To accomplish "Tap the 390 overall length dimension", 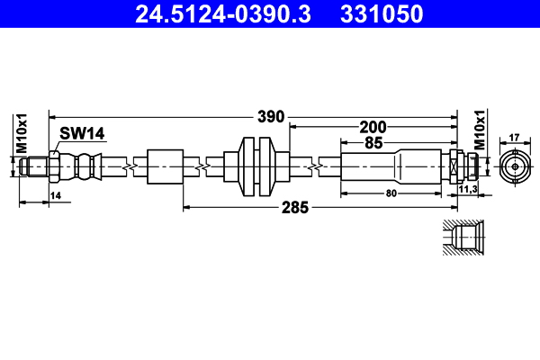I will [271, 116].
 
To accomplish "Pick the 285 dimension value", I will [294, 207].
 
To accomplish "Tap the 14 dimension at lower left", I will [55, 195].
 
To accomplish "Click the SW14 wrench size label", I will [83, 133].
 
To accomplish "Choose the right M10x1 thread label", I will [480, 130].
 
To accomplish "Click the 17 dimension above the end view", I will [515, 138].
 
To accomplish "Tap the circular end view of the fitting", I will [515, 166].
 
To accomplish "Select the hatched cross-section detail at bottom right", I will [464, 238].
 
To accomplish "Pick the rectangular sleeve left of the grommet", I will [165, 166].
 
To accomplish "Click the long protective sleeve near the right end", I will [392, 166].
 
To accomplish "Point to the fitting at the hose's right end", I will [462, 166].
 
